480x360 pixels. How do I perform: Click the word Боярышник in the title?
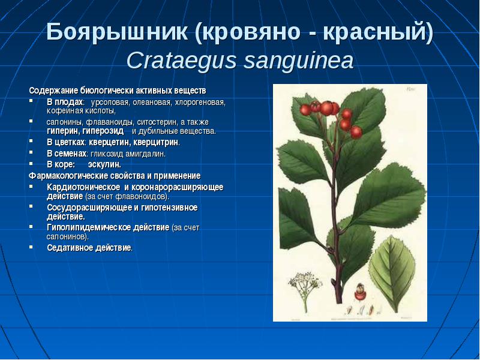tap(117, 32)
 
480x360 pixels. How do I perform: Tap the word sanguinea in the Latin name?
tap(298, 61)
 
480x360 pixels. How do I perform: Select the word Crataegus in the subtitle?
tap(182, 61)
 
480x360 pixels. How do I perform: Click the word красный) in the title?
tap(378, 32)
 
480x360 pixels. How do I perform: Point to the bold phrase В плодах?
tap(65, 102)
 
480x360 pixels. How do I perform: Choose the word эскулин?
tap(104, 164)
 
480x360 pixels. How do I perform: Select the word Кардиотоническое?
tap(83, 187)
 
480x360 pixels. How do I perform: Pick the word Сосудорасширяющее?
tap(89, 208)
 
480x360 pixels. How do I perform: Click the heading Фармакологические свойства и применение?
tap(115, 176)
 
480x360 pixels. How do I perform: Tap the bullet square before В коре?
tap(31, 164)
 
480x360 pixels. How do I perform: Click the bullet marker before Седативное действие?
tap(31, 247)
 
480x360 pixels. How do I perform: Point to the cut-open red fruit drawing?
tap(360, 292)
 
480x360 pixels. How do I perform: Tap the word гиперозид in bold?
tap(103, 131)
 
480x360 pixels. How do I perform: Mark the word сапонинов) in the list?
tap(68, 237)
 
